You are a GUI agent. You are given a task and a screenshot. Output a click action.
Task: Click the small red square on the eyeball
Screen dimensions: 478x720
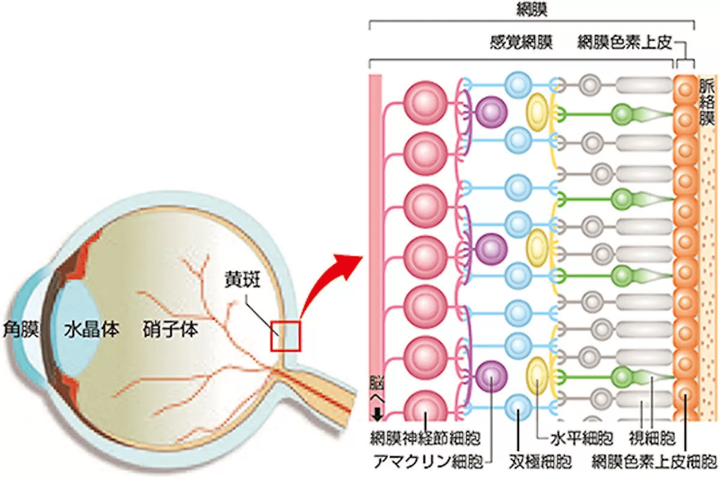(284, 336)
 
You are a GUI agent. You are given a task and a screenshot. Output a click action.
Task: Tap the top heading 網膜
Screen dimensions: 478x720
(532, 9)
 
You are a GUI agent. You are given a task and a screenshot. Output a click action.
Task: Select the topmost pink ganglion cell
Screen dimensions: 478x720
(425, 99)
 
